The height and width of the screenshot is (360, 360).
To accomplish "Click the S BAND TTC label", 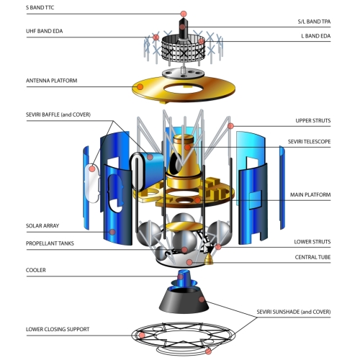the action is [40, 7].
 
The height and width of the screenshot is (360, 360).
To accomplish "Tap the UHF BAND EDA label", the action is [44, 31].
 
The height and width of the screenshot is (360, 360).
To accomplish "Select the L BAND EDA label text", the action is [316, 36].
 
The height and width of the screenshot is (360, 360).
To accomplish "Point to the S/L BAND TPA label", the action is [314, 22].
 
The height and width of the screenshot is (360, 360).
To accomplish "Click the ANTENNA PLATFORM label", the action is [52, 81].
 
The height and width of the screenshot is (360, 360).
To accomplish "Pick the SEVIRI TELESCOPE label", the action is [309, 142].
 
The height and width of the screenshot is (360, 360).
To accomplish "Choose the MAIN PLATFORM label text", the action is [310, 194].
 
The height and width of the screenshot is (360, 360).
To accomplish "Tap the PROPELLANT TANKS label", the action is [50, 243].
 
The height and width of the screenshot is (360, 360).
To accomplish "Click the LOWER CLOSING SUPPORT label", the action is [58, 329].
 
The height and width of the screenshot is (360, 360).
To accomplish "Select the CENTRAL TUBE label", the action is [312, 257].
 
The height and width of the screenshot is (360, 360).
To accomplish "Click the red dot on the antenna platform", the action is [140, 87].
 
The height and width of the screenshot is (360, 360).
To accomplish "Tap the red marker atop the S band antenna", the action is [184, 14].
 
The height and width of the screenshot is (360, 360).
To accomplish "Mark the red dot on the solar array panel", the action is [112, 232].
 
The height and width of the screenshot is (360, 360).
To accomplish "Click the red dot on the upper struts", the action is [230, 126].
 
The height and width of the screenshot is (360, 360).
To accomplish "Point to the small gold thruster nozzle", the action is [209, 259].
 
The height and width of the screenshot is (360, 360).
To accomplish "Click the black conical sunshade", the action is [184, 300].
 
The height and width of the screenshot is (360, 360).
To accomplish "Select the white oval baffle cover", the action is [92, 183].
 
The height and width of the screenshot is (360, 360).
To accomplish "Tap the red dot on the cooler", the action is [181, 276].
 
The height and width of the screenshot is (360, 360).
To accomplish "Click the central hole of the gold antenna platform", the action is [184, 89].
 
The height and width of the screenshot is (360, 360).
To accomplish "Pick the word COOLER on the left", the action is [36, 270].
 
